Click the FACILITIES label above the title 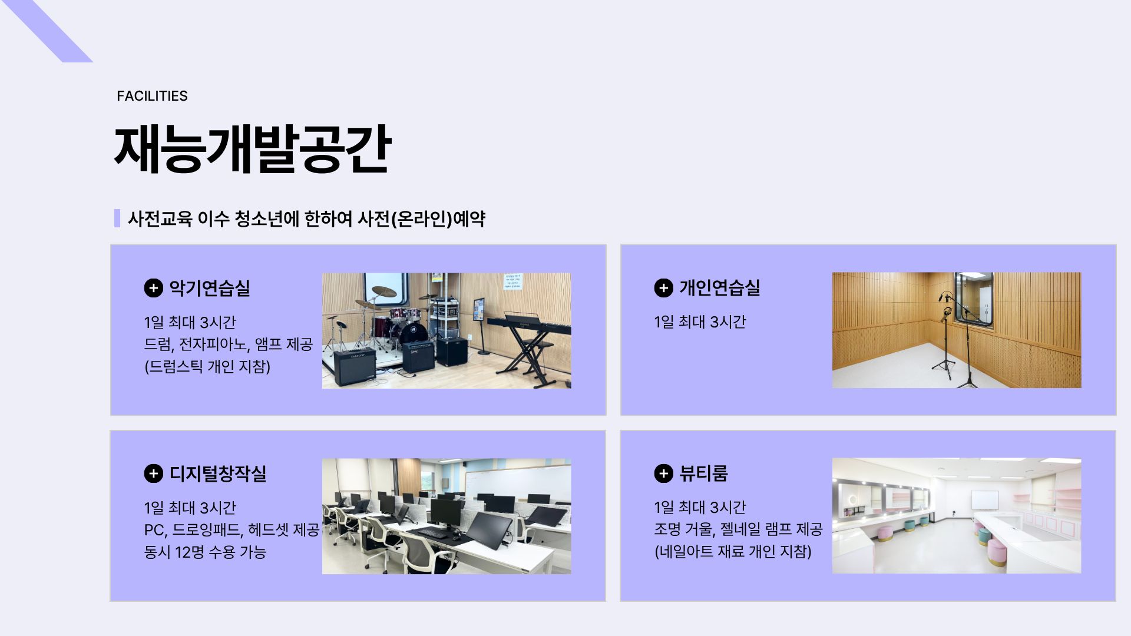(152, 96)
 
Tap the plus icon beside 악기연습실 (153, 288)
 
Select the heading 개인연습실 (719, 287)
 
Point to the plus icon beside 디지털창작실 (153, 473)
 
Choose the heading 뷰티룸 (703, 473)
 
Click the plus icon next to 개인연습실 (663, 288)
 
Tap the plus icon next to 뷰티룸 (663, 473)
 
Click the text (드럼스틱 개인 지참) (207, 366)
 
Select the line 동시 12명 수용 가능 (205, 552)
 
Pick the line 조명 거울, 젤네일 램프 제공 (738, 529)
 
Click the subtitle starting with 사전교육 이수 (306, 219)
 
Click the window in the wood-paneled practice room (974, 299)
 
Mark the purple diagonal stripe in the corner (47, 31)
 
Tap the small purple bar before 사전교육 (117, 218)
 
